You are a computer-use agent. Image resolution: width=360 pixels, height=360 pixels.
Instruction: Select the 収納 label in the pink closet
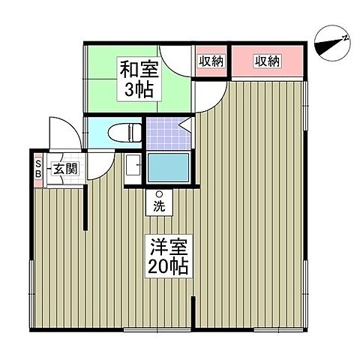coord(267,61)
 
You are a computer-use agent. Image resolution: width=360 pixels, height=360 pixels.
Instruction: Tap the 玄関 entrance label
coord(65,169)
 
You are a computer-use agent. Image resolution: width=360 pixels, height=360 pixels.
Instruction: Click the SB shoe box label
coord(38,169)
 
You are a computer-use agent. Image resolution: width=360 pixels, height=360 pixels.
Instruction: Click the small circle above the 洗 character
coord(159,194)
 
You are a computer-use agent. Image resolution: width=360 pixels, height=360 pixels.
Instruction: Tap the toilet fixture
coord(124,133)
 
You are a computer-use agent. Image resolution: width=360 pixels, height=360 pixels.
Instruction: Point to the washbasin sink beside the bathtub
coord(132,166)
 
